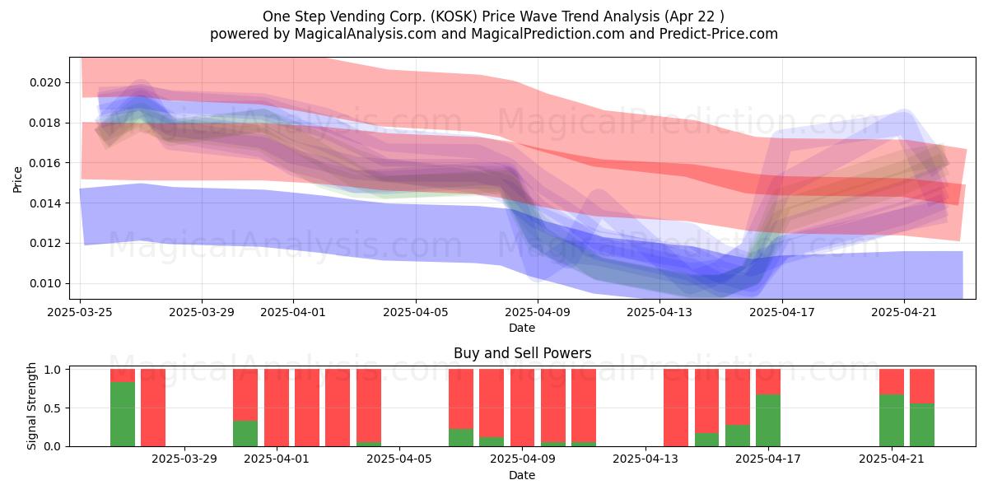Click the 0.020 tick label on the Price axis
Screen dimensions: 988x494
tap(45, 83)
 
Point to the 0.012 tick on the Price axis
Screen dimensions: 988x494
tap(45, 244)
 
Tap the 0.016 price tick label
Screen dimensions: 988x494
tap(45, 163)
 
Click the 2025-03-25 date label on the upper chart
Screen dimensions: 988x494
tap(80, 312)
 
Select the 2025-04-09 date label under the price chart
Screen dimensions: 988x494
tap(537, 312)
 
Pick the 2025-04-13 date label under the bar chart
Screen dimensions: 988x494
tap(645, 459)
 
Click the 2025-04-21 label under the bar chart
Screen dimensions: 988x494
tap(892, 459)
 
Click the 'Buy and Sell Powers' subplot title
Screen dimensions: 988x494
tap(522, 353)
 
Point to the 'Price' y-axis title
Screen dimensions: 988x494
tap(17, 179)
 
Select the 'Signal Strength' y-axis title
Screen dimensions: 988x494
tap(31, 406)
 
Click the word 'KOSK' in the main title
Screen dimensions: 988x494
tap(454, 16)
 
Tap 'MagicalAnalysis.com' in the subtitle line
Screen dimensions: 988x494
tap(366, 34)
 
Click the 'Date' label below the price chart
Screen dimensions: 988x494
tap(522, 329)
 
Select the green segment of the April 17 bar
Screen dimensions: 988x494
tap(768, 421)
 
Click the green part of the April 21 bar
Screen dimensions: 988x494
tap(892, 421)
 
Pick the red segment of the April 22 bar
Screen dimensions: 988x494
tap(922, 386)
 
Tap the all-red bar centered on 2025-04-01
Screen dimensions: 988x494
tap(277, 408)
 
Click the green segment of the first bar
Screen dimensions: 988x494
tap(123, 414)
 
